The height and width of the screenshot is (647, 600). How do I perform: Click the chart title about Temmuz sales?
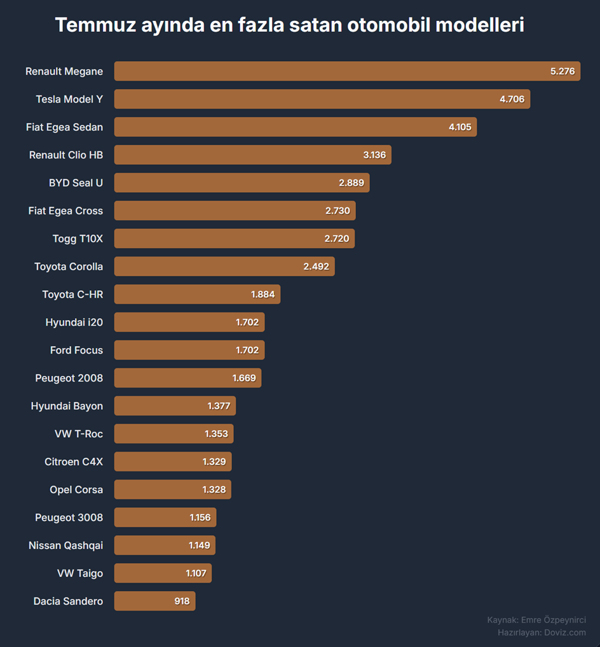point(289,25)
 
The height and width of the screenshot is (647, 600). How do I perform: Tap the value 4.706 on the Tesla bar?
point(512,99)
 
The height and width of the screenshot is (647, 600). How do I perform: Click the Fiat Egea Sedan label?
point(64,127)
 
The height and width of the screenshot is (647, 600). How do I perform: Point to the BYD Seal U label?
point(76,183)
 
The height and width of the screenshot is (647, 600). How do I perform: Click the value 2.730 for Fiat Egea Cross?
point(337,211)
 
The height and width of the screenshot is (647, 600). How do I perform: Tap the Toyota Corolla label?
point(69,267)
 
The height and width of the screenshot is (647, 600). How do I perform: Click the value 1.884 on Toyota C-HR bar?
point(263,295)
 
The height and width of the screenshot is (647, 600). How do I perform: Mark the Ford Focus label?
point(76,350)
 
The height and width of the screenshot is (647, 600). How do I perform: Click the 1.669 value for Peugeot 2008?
point(244,378)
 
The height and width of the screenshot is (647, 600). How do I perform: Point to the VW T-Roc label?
point(79,434)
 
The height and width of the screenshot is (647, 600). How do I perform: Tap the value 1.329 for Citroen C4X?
point(214,462)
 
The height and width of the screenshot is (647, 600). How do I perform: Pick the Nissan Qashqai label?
point(65,545)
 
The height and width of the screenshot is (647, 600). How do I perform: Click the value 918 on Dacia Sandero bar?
point(182,601)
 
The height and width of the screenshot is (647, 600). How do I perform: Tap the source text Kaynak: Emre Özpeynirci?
point(536,620)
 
